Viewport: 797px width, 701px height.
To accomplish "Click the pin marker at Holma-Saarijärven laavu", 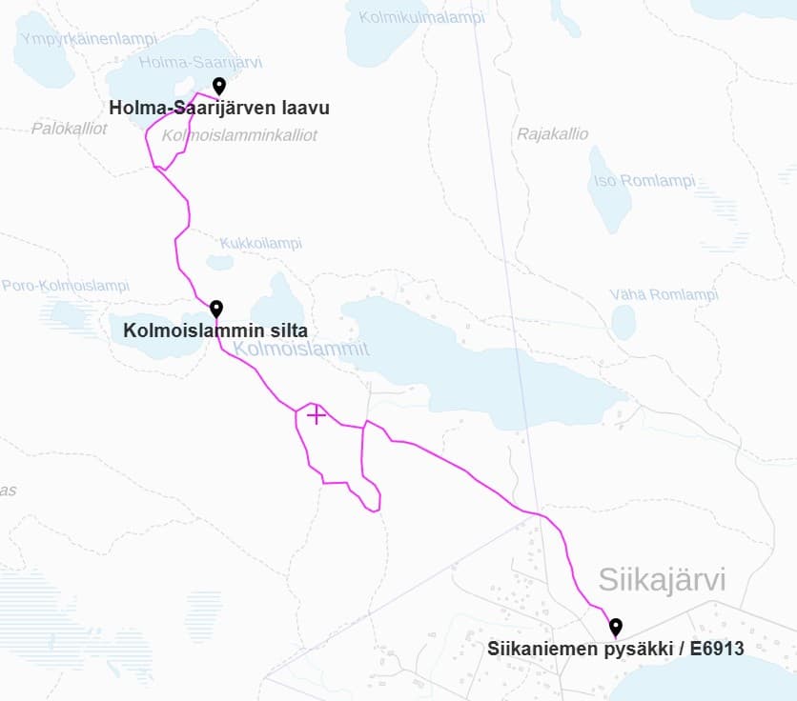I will [x=218, y=86].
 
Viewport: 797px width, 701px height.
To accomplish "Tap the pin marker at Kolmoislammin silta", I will [x=216, y=309].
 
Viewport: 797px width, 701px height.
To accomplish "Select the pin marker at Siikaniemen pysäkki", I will [x=616, y=626].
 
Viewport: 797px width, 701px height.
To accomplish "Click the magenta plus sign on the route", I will [x=317, y=415].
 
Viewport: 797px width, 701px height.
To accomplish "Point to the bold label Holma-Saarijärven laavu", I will [x=219, y=109].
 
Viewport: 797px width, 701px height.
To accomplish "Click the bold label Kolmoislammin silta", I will [x=215, y=331].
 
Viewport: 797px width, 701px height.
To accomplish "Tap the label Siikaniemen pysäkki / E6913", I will [x=615, y=650].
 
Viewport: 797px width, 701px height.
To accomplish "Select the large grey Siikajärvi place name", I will [x=662, y=579].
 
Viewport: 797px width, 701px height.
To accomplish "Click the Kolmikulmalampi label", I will [x=415, y=16].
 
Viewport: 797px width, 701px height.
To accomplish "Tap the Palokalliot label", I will [x=69, y=128].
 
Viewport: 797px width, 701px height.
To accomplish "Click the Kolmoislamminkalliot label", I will [x=239, y=136].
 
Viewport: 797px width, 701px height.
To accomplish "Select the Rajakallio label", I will [x=553, y=134].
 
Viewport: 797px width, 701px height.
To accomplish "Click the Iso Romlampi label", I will [x=644, y=181].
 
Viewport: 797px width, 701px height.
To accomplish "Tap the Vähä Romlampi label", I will [x=664, y=294].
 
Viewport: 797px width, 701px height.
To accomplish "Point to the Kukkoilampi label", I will [x=260, y=243].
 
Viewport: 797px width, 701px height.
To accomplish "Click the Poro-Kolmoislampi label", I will [x=65, y=286].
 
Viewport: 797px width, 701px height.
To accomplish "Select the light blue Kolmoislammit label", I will [x=300, y=350].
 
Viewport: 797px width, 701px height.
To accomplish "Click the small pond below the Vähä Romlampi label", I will [x=623, y=323].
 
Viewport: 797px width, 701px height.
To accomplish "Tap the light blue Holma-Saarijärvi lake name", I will [x=200, y=62].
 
